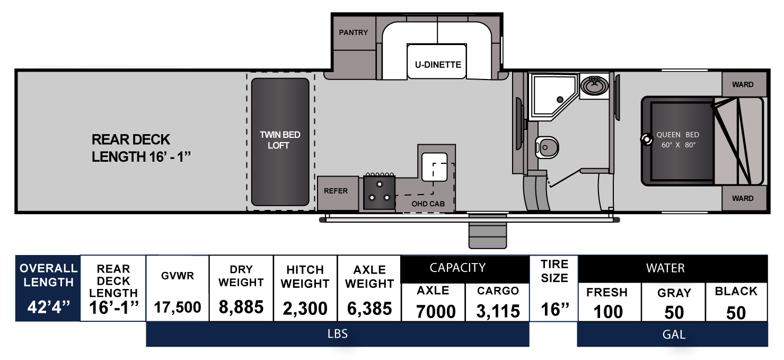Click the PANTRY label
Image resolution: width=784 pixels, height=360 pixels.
353,32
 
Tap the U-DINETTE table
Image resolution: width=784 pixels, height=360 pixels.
437,62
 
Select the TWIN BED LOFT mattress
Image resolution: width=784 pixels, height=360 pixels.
280,142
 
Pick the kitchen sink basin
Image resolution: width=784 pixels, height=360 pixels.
434,167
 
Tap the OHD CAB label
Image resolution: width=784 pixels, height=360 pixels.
428,204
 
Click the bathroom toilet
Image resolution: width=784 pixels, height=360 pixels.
547,147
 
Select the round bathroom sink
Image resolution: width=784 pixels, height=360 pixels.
594,85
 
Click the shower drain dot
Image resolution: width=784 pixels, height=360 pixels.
560,100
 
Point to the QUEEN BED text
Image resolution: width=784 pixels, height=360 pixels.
677,135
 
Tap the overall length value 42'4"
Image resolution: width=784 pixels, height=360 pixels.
49,308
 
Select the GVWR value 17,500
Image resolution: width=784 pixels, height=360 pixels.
178,308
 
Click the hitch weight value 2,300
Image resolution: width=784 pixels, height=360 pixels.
305,308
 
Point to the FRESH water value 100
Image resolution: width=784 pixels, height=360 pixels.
609,312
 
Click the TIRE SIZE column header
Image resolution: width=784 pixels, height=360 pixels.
554,271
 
